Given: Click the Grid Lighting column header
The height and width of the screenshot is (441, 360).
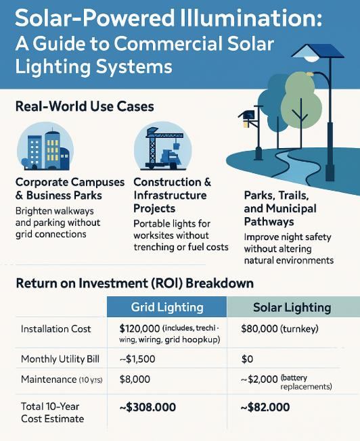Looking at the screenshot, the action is [167, 307].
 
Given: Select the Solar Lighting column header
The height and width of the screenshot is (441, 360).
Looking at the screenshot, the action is [292, 307].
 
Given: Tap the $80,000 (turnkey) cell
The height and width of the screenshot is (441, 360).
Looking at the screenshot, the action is [279, 329].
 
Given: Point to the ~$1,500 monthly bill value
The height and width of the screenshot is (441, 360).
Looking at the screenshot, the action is [137, 359].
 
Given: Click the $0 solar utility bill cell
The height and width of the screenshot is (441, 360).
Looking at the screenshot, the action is [247, 359].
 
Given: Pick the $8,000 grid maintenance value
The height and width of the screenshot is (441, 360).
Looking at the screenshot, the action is [135, 379].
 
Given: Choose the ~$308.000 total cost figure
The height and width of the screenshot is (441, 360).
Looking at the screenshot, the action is [148, 407].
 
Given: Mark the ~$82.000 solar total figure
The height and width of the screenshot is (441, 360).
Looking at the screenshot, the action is [265, 407].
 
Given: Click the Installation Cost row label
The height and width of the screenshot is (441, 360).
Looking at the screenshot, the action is [55, 329].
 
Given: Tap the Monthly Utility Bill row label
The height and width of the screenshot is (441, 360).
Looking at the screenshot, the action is [60, 359].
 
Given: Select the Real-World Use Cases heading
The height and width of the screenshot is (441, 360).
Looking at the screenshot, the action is [85, 106].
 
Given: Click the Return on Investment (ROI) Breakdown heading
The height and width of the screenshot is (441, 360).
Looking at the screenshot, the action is [135, 283].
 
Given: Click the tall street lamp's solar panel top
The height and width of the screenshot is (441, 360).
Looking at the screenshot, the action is [319, 51].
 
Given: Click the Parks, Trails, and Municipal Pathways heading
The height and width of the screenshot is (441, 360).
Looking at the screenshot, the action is [280, 208].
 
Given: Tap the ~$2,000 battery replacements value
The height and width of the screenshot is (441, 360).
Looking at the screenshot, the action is [286, 381].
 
